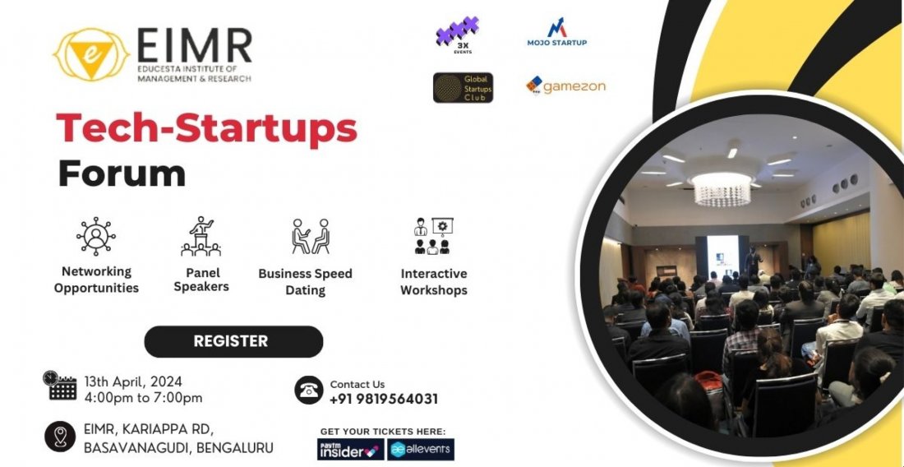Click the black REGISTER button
click(x=233, y=341)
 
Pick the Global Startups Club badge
click(x=463, y=88)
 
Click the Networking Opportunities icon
click(x=96, y=236)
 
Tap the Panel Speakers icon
click(x=201, y=236)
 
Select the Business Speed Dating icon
click(x=310, y=236)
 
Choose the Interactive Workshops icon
click(x=433, y=236)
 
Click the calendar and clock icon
click(x=61, y=385)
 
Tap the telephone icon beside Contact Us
click(x=309, y=390)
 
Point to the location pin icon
click(x=60, y=437)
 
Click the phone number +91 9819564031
click(x=383, y=400)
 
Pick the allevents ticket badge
click(x=421, y=450)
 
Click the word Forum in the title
click(x=122, y=173)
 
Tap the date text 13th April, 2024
click(x=133, y=381)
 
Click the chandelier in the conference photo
click(x=722, y=190)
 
